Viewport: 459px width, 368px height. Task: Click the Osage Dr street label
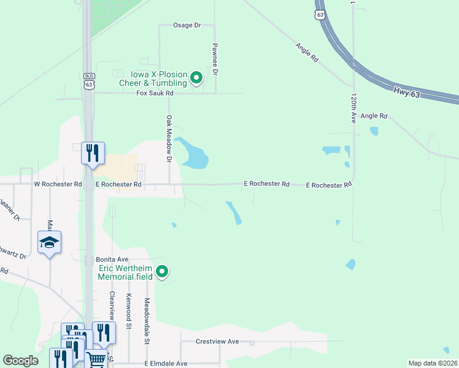pyautogui.click(x=187, y=25)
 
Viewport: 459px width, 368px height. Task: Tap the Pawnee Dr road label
pyautogui.click(x=215, y=59)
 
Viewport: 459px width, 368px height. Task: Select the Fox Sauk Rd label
pyautogui.click(x=155, y=93)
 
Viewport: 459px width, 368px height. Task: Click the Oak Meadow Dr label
pyautogui.click(x=168, y=138)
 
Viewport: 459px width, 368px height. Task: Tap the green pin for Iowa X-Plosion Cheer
pyautogui.click(x=196, y=78)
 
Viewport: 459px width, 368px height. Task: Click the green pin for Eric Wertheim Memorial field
pyautogui.click(x=162, y=271)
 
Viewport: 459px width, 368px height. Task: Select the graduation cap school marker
pyautogui.click(x=49, y=243)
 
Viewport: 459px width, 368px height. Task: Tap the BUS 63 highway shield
pyautogui.click(x=90, y=80)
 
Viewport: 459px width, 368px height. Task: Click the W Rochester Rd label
pyautogui.click(x=58, y=184)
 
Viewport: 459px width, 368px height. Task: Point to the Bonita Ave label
pyautogui.click(x=112, y=260)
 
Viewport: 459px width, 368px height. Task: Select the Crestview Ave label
pyautogui.click(x=217, y=342)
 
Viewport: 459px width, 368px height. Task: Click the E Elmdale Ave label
pyautogui.click(x=166, y=363)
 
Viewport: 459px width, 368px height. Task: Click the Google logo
pyautogui.click(x=21, y=361)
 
